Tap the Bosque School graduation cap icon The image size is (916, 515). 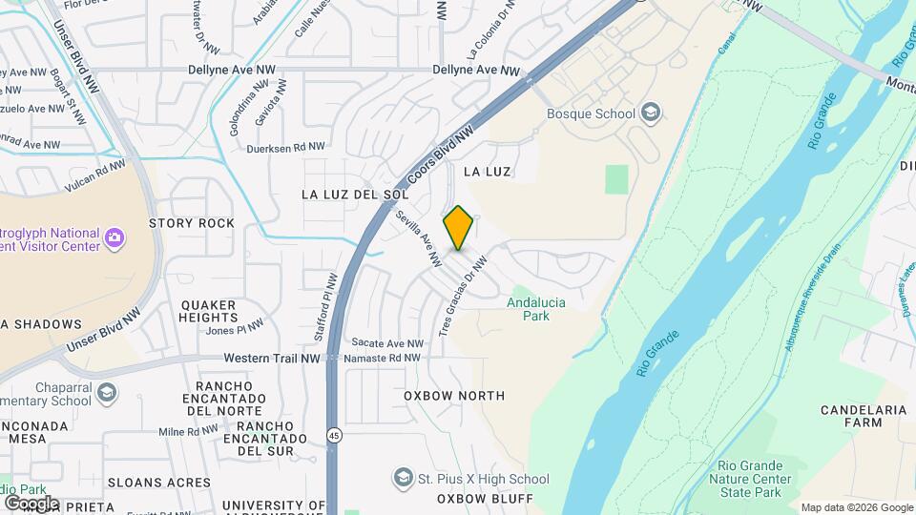coord(651,113)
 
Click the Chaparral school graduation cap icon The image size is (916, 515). coord(107,393)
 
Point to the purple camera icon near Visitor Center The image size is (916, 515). coord(114,237)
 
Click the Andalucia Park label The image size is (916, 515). coord(535,308)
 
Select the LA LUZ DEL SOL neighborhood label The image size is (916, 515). coord(348,194)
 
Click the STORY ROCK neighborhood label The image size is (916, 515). coord(192,223)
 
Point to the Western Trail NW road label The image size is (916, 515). coord(272,358)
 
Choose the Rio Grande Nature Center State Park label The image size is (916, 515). coord(754,479)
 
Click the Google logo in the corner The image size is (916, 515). coord(31,503)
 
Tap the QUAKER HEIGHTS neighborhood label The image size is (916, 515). coord(208,311)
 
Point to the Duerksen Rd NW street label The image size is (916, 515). coord(285,147)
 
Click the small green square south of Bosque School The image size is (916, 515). coord(617,178)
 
